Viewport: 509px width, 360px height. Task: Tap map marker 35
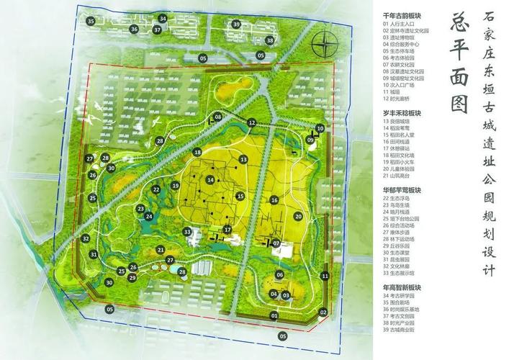coord(91,22)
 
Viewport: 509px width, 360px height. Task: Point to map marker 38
coord(269,40)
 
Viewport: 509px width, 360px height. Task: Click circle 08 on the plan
coord(217,117)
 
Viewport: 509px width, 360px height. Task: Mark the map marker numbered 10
coord(320,128)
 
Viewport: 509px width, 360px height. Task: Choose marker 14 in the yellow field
coord(210,180)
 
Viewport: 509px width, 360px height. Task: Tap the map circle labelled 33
coord(187,232)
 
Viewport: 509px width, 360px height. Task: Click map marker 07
coord(276,243)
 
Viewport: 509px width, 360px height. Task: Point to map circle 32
coord(86,238)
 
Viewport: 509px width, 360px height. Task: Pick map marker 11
coord(325,276)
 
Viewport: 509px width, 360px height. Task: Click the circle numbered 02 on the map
coord(323,312)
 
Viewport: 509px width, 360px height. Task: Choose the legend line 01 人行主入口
coord(403,24)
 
